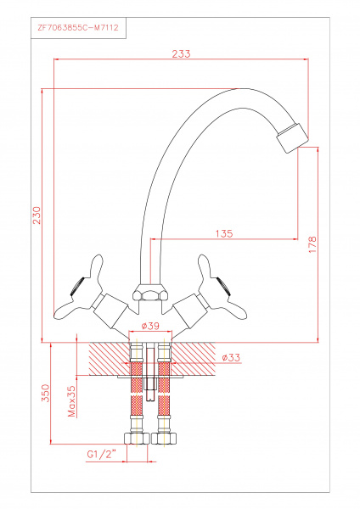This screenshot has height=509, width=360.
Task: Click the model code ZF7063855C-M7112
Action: point(78,28)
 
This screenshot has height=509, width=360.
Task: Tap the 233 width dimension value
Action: point(182,54)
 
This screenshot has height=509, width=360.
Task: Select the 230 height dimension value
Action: point(37,215)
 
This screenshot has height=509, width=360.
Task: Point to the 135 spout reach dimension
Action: point(224,233)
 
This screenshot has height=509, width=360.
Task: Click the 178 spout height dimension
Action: point(312,245)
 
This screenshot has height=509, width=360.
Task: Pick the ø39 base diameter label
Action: point(151,326)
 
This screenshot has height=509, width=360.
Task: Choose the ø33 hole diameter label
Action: point(231,357)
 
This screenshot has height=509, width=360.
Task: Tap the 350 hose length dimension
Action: point(46,393)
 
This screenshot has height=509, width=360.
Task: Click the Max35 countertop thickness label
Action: point(71,401)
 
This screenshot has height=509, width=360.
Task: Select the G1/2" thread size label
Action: point(102,455)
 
